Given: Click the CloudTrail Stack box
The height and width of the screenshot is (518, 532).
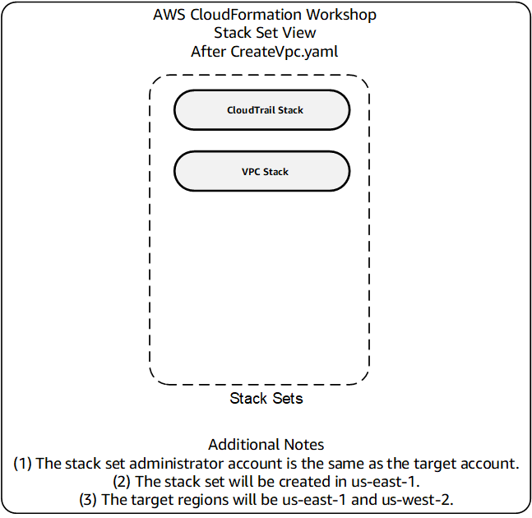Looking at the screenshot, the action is [261, 110].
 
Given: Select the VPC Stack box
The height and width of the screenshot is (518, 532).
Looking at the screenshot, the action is [261, 171].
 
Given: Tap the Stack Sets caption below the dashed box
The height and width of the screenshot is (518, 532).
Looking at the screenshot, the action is [266, 398].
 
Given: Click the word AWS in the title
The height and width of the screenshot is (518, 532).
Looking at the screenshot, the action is [169, 15].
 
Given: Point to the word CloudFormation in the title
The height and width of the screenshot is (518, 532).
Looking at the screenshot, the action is [246, 15].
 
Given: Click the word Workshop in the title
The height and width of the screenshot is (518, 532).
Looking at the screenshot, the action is [341, 16].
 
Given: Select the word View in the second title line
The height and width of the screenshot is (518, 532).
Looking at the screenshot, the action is [299, 33].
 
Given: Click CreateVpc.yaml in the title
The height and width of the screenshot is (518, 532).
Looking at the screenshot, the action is [285, 53].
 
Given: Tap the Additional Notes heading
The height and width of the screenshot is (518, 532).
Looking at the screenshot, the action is [266, 444].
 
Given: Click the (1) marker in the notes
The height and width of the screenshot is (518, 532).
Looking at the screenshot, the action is [22, 464].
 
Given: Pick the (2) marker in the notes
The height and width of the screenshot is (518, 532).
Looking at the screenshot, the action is [122, 482].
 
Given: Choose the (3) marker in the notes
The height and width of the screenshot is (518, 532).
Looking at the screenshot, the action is [88, 500].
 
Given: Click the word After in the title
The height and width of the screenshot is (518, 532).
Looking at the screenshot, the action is [208, 52].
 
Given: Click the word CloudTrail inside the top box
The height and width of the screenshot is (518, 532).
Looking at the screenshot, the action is [251, 110].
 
